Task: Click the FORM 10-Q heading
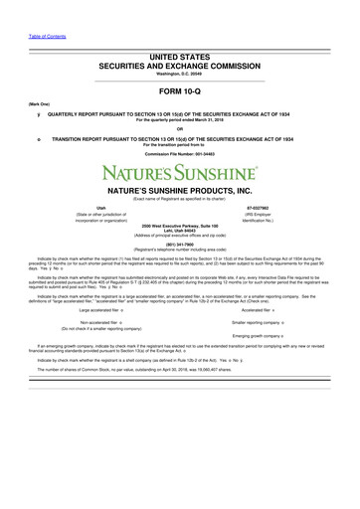click(x=179, y=94)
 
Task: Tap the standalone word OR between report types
click(x=179, y=127)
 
